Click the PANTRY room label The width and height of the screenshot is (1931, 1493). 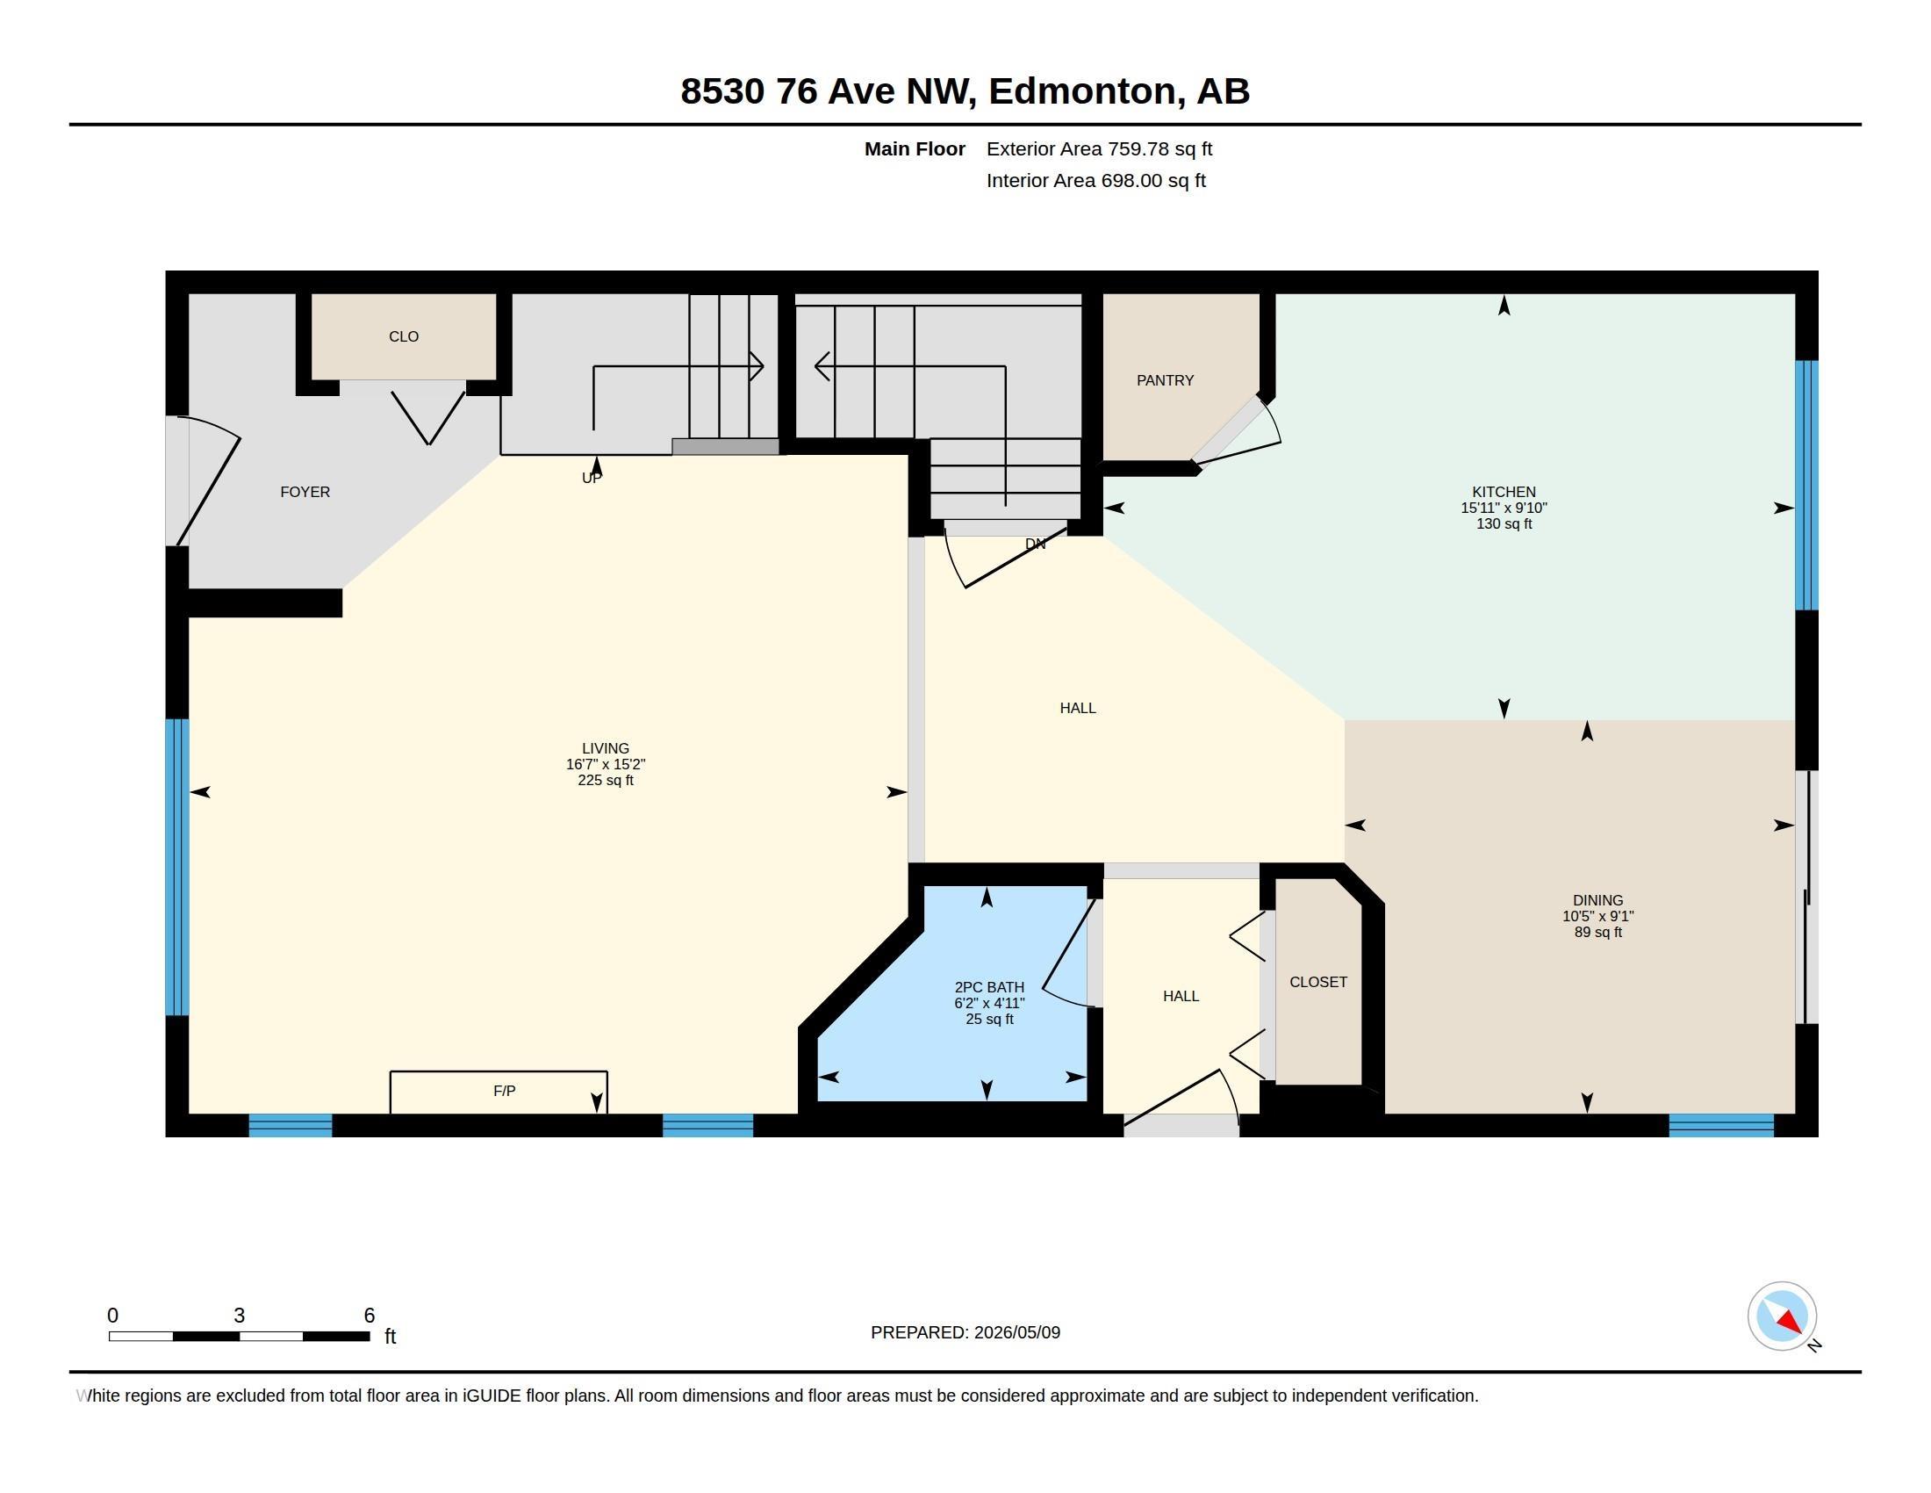(1165, 380)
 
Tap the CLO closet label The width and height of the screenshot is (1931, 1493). (403, 336)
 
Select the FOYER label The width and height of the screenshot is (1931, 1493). (305, 492)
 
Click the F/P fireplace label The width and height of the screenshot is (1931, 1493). (504, 1091)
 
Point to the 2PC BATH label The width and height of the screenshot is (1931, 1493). (989, 987)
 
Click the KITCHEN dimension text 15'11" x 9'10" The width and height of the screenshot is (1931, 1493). (1503, 508)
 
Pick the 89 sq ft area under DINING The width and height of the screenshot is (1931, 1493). (1597, 932)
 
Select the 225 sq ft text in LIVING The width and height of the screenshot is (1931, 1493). (605, 780)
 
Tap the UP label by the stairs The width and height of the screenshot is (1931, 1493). (592, 478)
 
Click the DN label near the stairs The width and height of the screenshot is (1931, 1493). (1035, 544)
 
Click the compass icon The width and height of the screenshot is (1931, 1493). (1782, 1316)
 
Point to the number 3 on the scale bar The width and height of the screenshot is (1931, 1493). (239, 1316)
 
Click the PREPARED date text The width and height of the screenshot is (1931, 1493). (965, 1332)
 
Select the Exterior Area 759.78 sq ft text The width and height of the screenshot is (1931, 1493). (1099, 148)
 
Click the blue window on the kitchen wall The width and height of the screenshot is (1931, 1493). (1806, 485)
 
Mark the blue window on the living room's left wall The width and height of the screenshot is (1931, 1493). (176, 867)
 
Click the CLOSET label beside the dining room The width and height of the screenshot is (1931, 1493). (1317, 982)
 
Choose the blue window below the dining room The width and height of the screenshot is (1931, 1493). (1720, 1125)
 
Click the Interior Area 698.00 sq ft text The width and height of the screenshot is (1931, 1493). (1095, 180)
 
